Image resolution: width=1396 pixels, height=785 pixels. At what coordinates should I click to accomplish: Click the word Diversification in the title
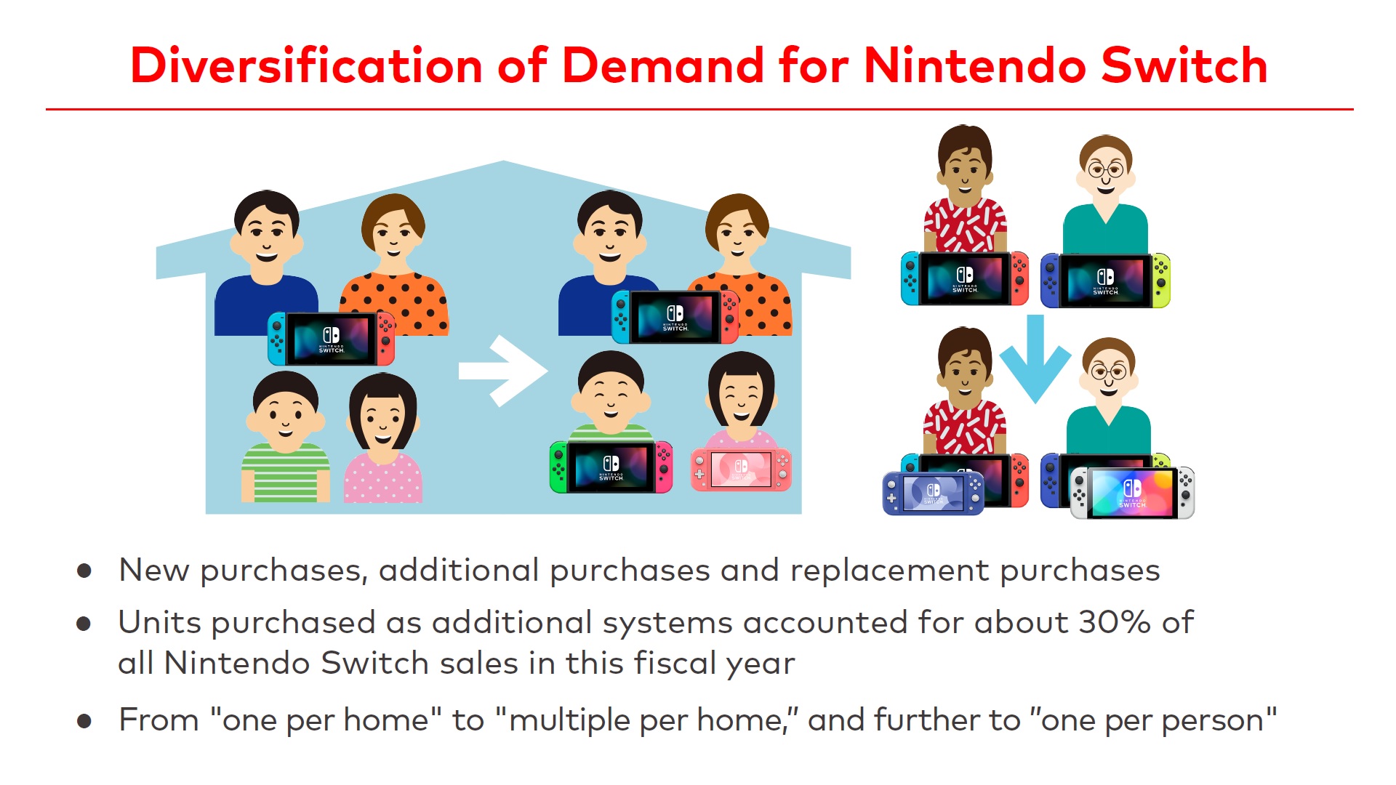click(306, 65)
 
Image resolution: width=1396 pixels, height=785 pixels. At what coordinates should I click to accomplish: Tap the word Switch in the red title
click(1184, 65)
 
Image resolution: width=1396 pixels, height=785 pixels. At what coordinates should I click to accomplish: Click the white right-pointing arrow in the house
click(503, 371)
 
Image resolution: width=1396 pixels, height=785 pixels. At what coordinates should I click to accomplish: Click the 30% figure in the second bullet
click(1115, 622)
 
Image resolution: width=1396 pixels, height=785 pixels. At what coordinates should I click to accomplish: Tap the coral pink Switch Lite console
click(741, 470)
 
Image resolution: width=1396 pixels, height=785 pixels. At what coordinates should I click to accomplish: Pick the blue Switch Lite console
click(934, 493)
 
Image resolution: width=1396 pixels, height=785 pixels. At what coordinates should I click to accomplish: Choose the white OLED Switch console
click(1132, 493)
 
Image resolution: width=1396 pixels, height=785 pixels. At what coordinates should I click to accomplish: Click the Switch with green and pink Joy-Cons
click(611, 467)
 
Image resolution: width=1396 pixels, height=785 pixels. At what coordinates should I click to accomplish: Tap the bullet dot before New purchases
click(84, 571)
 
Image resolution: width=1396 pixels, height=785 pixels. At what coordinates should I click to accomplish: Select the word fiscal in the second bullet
click(664, 663)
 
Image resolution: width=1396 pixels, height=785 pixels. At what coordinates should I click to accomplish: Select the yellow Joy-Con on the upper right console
click(1161, 281)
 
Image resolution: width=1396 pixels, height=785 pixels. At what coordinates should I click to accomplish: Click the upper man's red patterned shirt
click(965, 225)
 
